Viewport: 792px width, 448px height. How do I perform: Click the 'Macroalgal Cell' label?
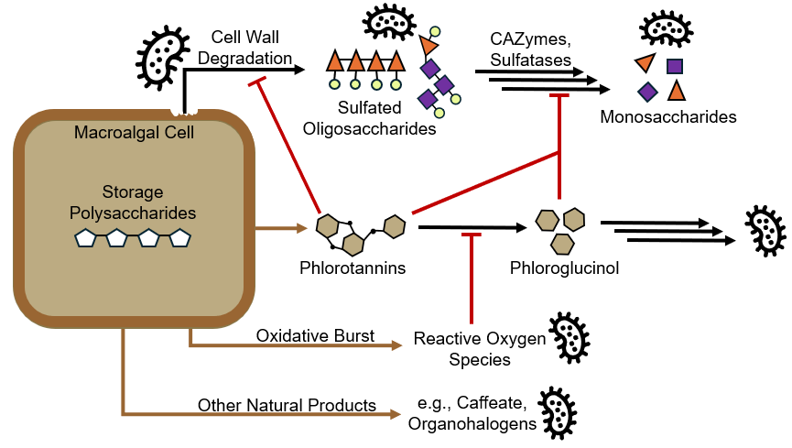point(134,134)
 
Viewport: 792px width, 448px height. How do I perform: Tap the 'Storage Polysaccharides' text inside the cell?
point(134,202)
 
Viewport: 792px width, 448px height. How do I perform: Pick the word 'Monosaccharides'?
point(668,117)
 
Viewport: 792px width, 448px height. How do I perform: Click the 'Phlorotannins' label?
point(353,268)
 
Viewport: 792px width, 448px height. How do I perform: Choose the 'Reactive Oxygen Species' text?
point(480,349)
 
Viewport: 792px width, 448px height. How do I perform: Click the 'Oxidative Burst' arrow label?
point(315,336)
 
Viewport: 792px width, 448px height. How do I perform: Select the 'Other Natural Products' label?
point(287,405)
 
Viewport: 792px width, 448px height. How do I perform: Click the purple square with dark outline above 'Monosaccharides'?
point(675,66)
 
